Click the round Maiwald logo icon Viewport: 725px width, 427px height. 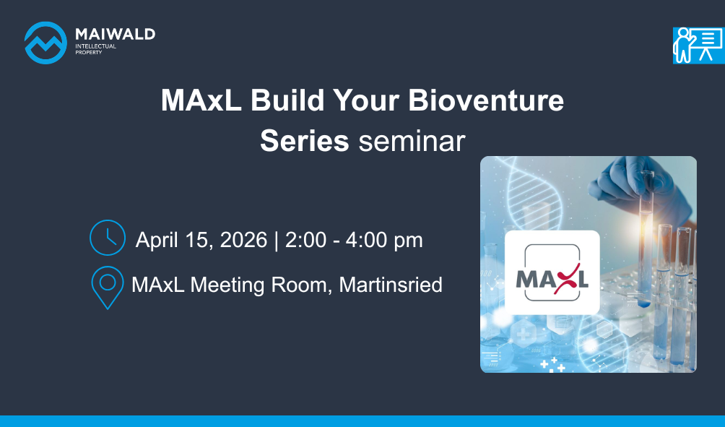(x=45, y=43)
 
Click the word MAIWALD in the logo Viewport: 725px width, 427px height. (x=115, y=34)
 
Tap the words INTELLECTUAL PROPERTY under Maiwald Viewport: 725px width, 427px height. (x=96, y=49)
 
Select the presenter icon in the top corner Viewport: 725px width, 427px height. (x=699, y=46)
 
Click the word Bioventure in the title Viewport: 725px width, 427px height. (x=486, y=100)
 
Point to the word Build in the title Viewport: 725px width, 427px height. (x=287, y=100)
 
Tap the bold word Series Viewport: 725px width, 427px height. (x=304, y=141)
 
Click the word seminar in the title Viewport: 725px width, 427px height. (x=412, y=142)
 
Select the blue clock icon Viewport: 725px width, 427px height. (x=108, y=238)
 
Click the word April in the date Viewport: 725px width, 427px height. (x=157, y=241)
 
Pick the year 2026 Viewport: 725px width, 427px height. (x=243, y=240)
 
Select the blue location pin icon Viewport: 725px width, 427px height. (x=108, y=288)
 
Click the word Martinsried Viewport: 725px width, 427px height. (x=391, y=285)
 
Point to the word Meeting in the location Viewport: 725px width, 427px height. (x=227, y=285)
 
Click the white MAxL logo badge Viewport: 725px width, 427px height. (x=552, y=272)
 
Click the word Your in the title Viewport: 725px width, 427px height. (x=366, y=100)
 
